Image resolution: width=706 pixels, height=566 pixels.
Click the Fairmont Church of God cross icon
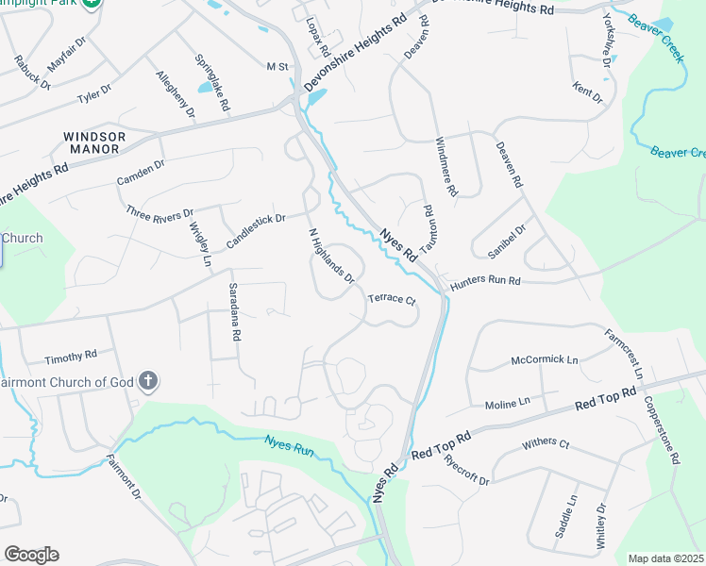147,381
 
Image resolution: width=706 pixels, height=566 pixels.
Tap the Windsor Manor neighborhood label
92,142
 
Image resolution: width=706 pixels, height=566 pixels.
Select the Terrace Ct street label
392,299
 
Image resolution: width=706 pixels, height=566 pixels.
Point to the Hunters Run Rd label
485,281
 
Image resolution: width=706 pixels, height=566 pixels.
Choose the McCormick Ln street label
545,359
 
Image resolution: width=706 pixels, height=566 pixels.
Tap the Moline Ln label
509,405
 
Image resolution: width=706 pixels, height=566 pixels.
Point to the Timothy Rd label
71,357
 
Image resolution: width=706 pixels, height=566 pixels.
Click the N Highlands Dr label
331,256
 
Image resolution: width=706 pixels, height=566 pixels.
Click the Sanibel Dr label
506,241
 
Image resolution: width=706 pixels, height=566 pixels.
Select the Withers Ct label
546,443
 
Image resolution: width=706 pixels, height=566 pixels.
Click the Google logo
31,555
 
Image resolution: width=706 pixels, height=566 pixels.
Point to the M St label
277,66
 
